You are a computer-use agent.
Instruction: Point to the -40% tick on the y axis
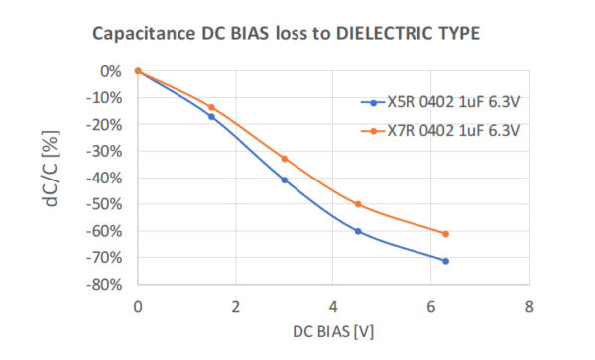pos(105,178)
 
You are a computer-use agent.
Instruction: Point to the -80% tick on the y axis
pos(105,284)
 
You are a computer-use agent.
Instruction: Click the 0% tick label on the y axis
pos(111,71)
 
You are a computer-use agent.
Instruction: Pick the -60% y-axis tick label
pos(105,231)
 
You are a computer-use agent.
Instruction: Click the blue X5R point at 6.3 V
pos(446,261)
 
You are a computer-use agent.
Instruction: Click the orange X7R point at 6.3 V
pos(446,234)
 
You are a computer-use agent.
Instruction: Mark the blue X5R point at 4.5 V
pos(358,231)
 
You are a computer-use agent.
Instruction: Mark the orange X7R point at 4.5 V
pos(358,204)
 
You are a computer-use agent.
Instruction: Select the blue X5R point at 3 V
pos(285,180)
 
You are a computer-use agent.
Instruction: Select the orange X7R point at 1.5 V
pos(211,107)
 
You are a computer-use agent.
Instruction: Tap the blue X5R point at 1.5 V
pos(211,116)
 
